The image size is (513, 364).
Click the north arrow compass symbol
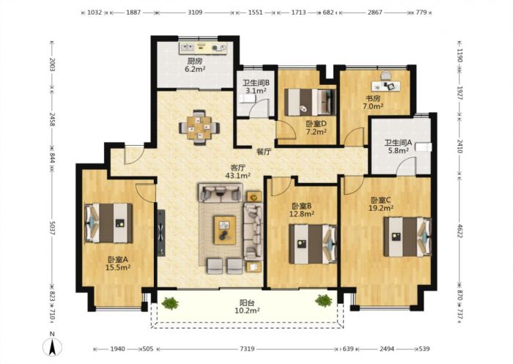click(x=52, y=346)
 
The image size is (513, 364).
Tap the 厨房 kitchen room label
click(x=195, y=61)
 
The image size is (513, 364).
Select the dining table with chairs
click(x=199, y=127)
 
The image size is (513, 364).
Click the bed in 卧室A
click(x=108, y=223)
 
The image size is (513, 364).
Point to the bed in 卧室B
click(x=313, y=244)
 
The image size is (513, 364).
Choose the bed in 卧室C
click(x=407, y=237)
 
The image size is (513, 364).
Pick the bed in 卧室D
click(x=310, y=102)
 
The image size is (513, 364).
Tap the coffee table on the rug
click(x=224, y=230)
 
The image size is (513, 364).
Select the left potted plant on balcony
click(x=170, y=302)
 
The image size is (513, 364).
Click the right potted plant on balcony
click(x=324, y=300)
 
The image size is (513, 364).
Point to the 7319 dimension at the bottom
click(x=247, y=349)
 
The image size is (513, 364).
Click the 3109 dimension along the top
click(x=195, y=12)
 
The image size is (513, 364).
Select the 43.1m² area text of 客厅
click(x=238, y=175)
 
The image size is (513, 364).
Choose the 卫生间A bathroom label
click(x=398, y=143)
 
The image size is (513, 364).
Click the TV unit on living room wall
click(x=161, y=232)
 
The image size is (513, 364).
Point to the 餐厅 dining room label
click(x=264, y=152)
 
